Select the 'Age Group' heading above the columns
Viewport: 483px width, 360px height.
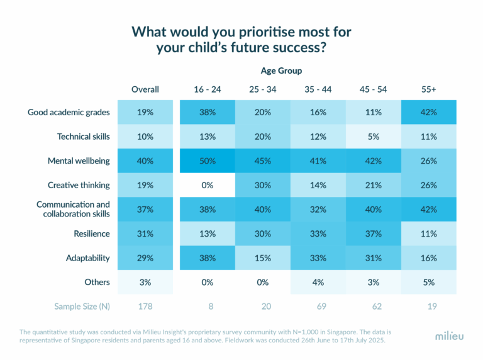pyautogui.click(x=281, y=71)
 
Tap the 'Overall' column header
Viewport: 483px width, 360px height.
pyautogui.click(x=145, y=89)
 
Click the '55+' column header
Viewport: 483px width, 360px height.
pyautogui.click(x=429, y=89)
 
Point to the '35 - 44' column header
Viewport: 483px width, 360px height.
pyautogui.click(x=318, y=89)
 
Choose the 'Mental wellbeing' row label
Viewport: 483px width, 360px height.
pyautogui.click(x=79, y=160)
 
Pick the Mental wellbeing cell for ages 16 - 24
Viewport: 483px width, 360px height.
pyautogui.click(x=207, y=160)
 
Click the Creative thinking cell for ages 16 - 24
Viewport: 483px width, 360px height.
pyautogui.click(x=207, y=185)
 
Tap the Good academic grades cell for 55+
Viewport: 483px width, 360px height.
pyautogui.click(x=429, y=112)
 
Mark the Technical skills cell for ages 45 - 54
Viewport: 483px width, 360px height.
pyautogui.click(x=374, y=137)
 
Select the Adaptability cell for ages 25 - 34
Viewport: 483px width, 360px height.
pyautogui.click(x=262, y=258)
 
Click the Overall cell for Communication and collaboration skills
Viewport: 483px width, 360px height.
pyautogui.click(x=145, y=209)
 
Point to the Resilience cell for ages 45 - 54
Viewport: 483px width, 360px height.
pyautogui.click(x=374, y=233)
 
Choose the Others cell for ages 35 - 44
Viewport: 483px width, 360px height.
pyautogui.click(x=318, y=282)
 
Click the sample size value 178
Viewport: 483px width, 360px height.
pyautogui.click(x=145, y=306)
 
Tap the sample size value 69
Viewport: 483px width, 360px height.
pyautogui.click(x=318, y=306)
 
